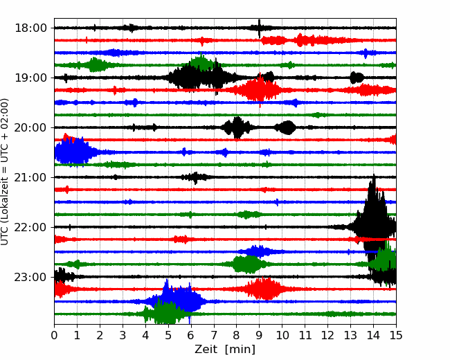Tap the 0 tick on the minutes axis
54,335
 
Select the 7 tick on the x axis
214,335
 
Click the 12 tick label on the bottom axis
327,335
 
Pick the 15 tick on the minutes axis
396,335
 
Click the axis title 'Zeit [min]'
225,350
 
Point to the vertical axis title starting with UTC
4,172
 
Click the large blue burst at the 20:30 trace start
73,152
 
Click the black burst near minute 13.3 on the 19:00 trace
357,78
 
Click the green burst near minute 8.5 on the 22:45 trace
247,264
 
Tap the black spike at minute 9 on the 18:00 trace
259,28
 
